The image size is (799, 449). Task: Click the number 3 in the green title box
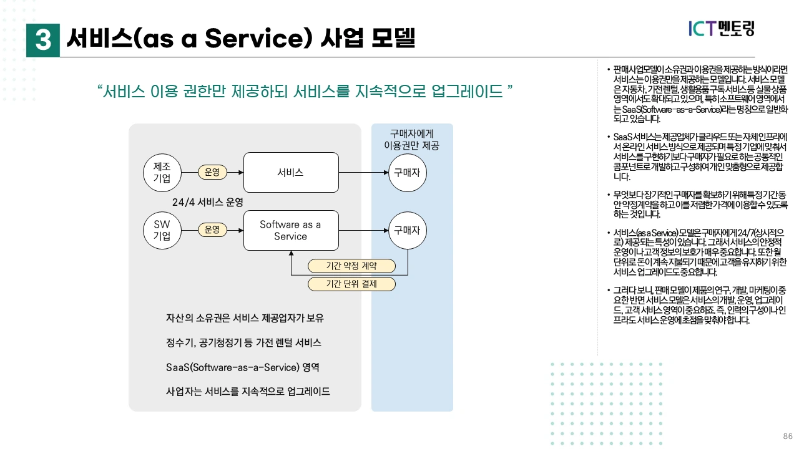[x=43, y=41]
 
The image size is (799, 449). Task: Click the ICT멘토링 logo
[x=722, y=28]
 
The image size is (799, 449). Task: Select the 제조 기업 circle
[x=162, y=172]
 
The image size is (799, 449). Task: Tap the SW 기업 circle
[x=162, y=229]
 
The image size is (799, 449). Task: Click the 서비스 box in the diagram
[x=290, y=172]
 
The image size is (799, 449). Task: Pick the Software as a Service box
[x=290, y=230]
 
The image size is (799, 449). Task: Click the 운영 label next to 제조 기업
[x=212, y=172]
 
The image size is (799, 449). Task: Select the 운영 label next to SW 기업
[x=212, y=229]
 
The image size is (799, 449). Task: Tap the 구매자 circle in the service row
[x=408, y=172]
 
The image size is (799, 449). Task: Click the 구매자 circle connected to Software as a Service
[x=408, y=229]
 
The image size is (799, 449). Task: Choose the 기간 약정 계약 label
[x=352, y=266]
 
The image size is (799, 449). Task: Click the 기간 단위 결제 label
[x=352, y=284]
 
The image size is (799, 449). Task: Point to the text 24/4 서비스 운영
[x=207, y=203]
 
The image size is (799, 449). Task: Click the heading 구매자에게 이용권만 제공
[x=412, y=140]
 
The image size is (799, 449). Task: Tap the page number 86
[x=787, y=436]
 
